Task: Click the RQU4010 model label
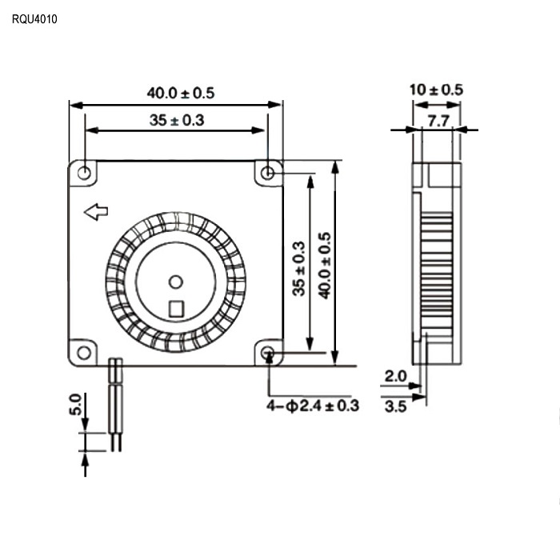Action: click(x=34, y=19)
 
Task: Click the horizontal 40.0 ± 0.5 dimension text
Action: click(x=181, y=94)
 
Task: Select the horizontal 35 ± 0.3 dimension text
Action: click(x=177, y=120)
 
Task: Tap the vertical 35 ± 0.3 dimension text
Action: click(x=299, y=269)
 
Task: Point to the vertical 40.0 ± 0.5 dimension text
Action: click(x=325, y=266)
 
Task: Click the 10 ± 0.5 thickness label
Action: click(x=436, y=90)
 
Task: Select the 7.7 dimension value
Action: click(x=438, y=122)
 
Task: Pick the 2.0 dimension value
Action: click(x=396, y=376)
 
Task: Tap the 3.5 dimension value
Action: click(x=396, y=406)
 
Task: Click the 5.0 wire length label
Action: click(x=75, y=404)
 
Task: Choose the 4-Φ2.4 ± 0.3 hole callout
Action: click(x=313, y=406)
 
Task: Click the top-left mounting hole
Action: click(x=84, y=174)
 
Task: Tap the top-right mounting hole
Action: click(x=267, y=174)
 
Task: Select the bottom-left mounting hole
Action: click(x=84, y=353)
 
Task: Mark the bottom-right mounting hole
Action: click(x=267, y=353)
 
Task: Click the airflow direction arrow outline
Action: click(x=96, y=212)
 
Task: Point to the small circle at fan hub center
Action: click(x=176, y=282)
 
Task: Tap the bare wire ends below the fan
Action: click(x=117, y=442)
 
